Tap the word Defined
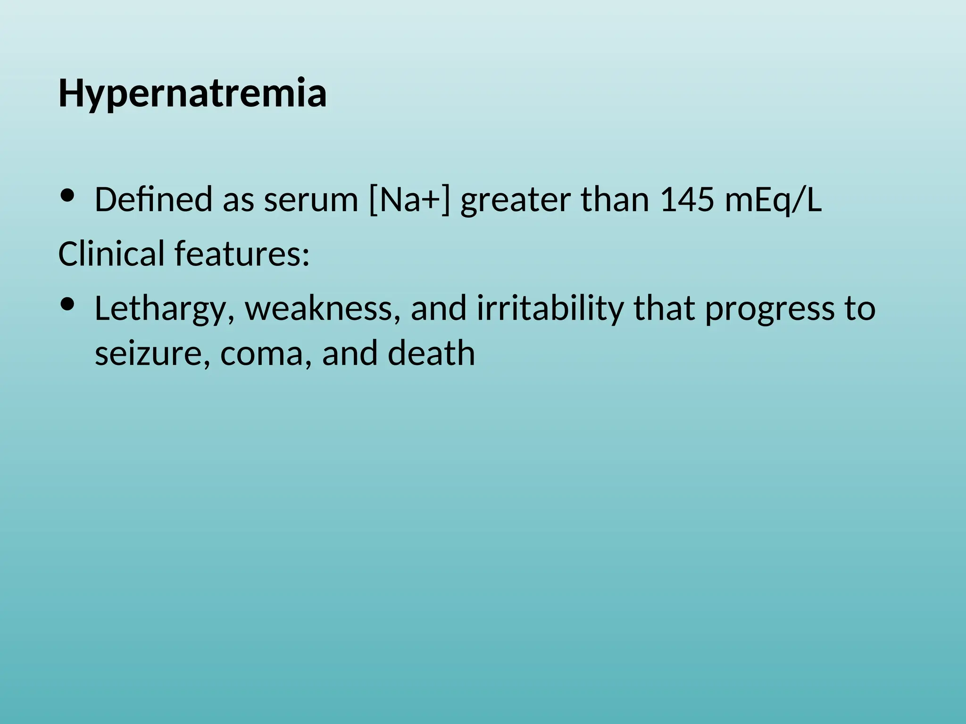153,200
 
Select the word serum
311,200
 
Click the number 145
686,200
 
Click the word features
242,254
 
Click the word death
431,354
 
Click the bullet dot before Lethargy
68,304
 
